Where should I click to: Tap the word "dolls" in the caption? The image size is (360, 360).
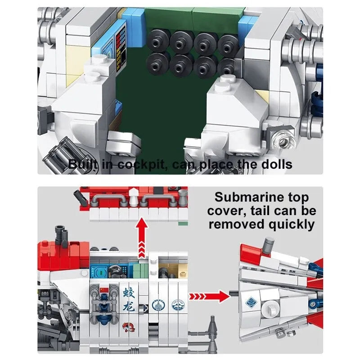(276, 164)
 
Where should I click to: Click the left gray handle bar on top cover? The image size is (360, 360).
(112, 202)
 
